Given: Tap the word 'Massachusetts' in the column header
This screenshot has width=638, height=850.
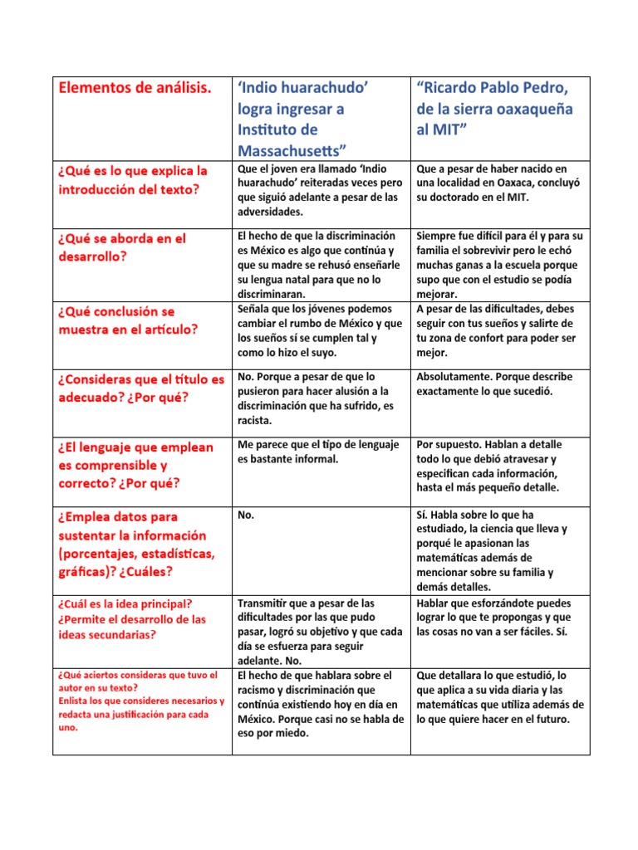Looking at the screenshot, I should pyautogui.click(x=292, y=150).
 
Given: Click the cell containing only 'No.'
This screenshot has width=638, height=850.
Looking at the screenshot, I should pyautogui.click(x=245, y=515).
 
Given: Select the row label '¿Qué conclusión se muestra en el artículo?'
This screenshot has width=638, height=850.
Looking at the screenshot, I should pyautogui.click(x=129, y=320).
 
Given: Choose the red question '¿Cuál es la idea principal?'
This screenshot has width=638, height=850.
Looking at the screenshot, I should pyautogui.click(x=125, y=603).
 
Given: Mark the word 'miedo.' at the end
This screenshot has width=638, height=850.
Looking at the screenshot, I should pyautogui.click(x=292, y=734).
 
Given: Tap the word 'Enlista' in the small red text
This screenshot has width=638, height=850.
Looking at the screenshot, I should pyautogui.click(x=75, y=701).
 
